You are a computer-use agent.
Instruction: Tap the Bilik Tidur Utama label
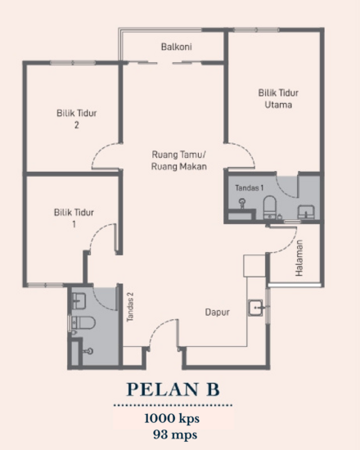point(274,100)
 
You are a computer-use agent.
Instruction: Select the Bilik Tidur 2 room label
point(76,119)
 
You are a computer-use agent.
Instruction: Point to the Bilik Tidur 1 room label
point(74,218)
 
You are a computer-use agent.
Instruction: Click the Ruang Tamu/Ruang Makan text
point(178,160)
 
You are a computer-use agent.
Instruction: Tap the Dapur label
point(217,312)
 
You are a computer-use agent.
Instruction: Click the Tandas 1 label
point(249,188)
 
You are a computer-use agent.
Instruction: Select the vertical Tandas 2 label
point(129,306)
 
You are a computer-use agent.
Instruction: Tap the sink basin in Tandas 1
point(306,212)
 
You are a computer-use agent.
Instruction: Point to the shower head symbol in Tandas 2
point(88,351)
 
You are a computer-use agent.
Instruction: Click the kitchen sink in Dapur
point(257,308)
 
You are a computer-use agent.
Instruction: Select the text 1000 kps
point(173,418)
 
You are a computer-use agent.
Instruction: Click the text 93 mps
point(173,433)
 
